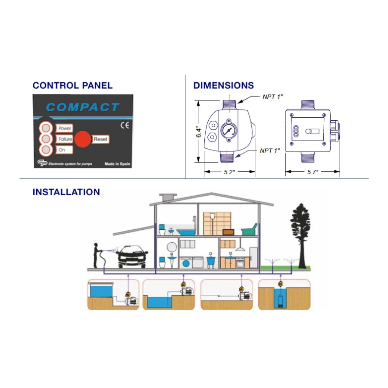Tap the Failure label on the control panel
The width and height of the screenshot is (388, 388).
[64, 139]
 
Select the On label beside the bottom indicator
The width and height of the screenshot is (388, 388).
[62, 150]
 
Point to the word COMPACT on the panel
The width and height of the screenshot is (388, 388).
[82, 107]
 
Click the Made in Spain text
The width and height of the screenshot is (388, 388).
[117, 164]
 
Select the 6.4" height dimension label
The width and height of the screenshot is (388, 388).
[198, 132]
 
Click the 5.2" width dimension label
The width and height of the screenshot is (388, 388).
[229, 172]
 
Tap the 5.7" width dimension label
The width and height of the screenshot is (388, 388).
[313, 172]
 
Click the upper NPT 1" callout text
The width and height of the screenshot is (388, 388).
[272, 97]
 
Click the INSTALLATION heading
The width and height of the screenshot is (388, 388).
[66, 192]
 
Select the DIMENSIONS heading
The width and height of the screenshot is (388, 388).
[223, 85]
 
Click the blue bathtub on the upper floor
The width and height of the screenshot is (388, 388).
[187, 232]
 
